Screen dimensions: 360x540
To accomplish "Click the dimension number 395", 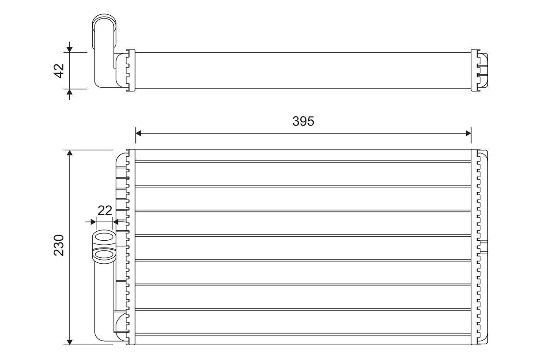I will point(303,121).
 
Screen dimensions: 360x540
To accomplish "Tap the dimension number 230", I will point(59,245).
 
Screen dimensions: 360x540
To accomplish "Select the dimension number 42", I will point(59,71).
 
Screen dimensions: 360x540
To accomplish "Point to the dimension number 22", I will point(105,211).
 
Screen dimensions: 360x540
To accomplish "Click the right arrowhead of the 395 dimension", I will point(468,133).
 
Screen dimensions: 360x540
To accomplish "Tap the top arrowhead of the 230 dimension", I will point(69,153).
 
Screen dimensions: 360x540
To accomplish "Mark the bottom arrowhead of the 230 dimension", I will point(69,342).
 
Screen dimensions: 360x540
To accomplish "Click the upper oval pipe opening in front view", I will point(104,237).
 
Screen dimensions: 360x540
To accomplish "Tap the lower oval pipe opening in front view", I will point(104,255).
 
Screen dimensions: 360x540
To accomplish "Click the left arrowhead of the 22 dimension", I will point(93,222).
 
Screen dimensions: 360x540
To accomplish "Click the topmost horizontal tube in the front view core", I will point(303,155).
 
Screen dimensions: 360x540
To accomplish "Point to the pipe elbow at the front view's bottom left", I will point(106,331).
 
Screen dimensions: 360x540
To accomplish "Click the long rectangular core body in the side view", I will point(303,70).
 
